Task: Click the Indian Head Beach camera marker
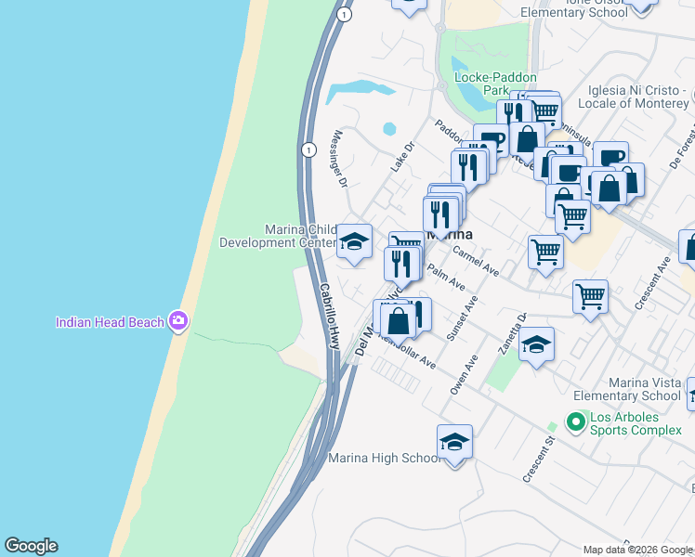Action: [178, 322]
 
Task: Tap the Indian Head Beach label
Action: [110, 323]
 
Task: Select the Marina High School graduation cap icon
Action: [454, 442]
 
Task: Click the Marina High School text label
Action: [385, 459]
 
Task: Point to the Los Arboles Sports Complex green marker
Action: [576, 423]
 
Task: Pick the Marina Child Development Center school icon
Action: [353, 242]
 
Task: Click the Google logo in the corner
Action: [31, 546]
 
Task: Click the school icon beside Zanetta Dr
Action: [536, 344]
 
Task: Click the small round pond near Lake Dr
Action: [388, 129]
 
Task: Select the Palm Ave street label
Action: [445, 276]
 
